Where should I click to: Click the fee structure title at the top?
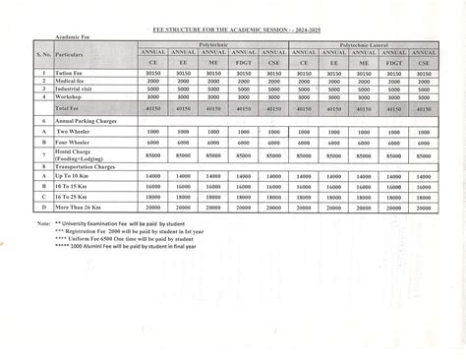232,31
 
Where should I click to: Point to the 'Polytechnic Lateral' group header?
361,44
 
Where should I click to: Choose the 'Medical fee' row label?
71,81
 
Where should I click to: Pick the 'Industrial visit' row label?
74,89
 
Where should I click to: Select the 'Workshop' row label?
68,96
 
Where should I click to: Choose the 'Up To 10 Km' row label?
76,177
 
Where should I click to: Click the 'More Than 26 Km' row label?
82,208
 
